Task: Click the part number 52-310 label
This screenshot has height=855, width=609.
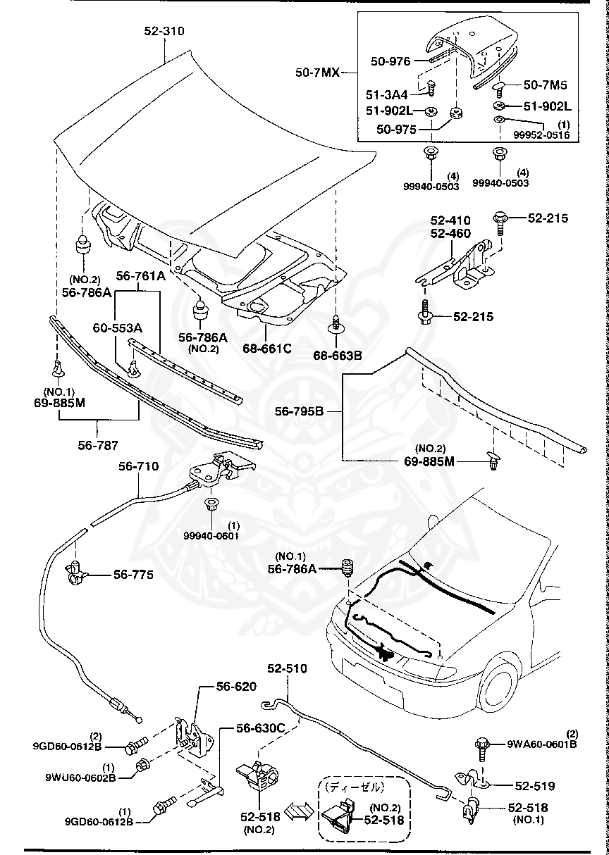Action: [x=164, y=31]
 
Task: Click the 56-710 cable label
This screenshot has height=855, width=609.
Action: [x=138, y=466]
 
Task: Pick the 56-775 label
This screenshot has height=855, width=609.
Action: [x=133, y=575]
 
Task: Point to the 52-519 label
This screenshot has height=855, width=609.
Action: [x=534, y=785]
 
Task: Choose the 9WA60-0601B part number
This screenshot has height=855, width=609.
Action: [x=543, y=743]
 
